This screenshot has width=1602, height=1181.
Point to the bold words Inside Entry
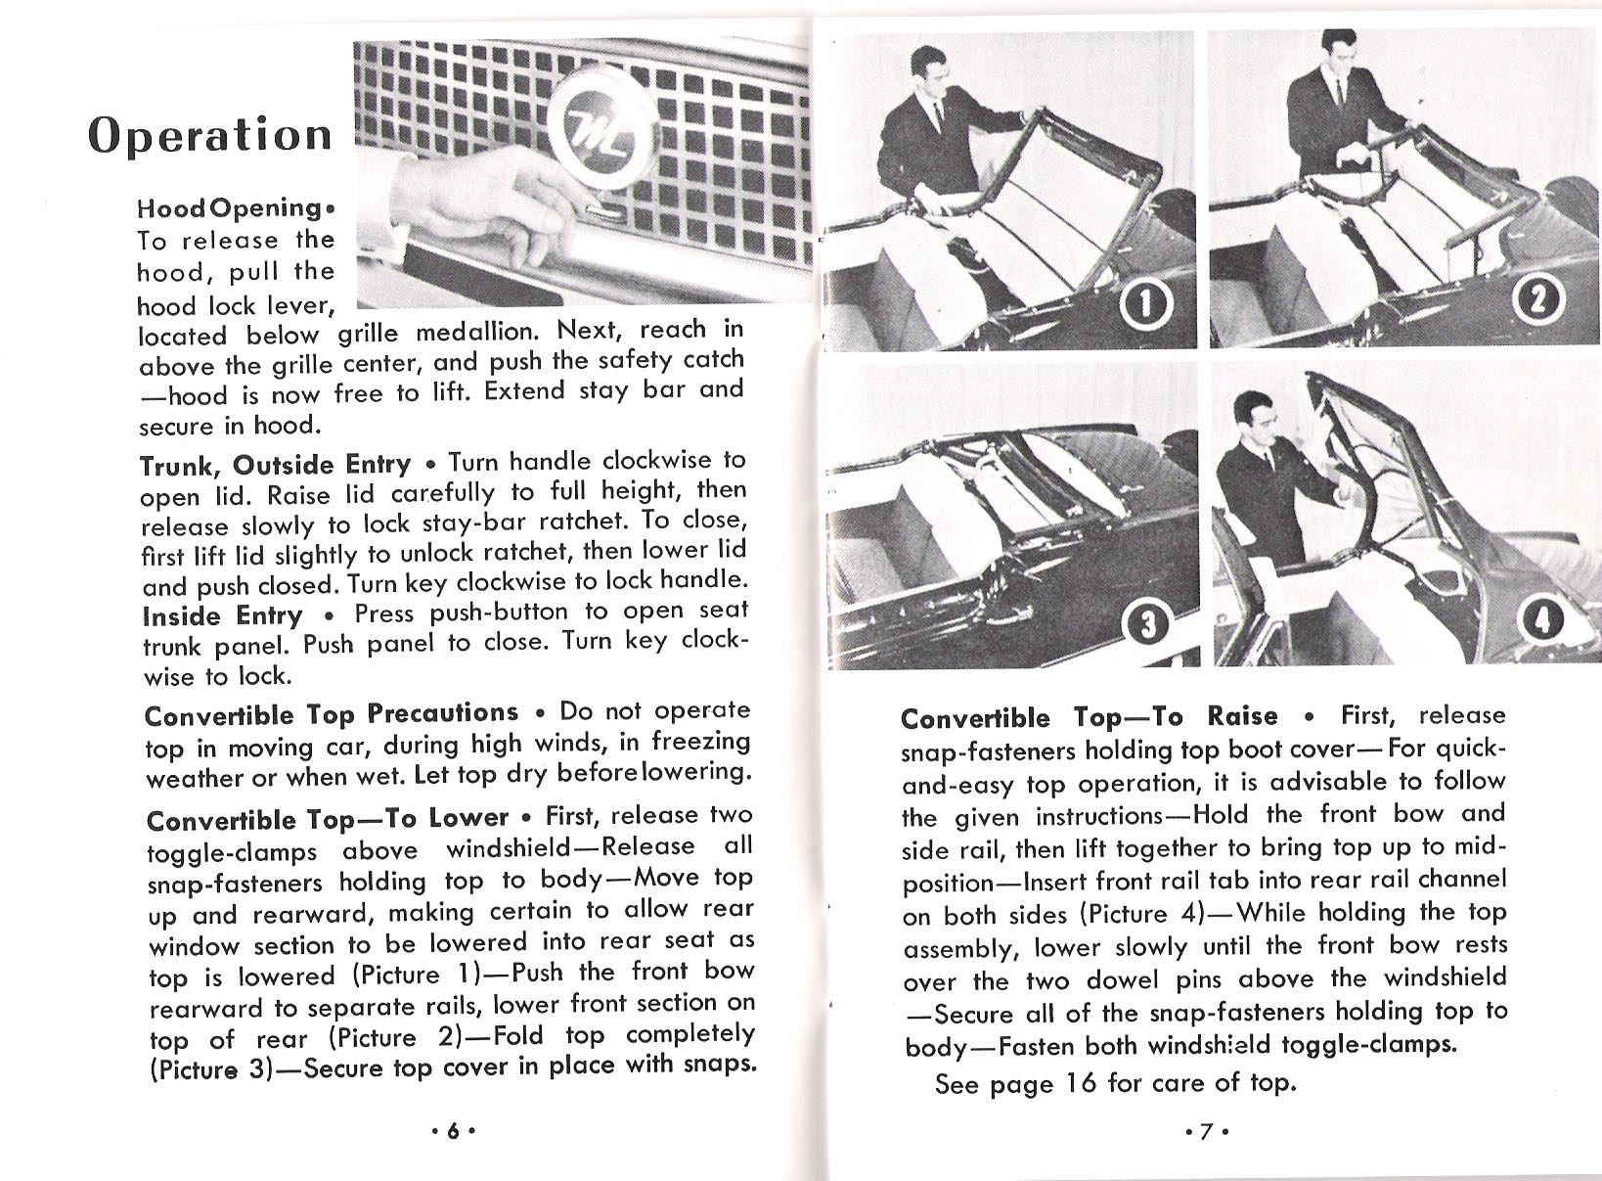223,616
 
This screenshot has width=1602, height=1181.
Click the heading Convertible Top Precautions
331,714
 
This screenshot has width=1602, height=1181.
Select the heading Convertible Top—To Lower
327,818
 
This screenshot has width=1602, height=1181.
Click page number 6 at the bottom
452,1129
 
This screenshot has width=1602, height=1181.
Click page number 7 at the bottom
1206,1130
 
